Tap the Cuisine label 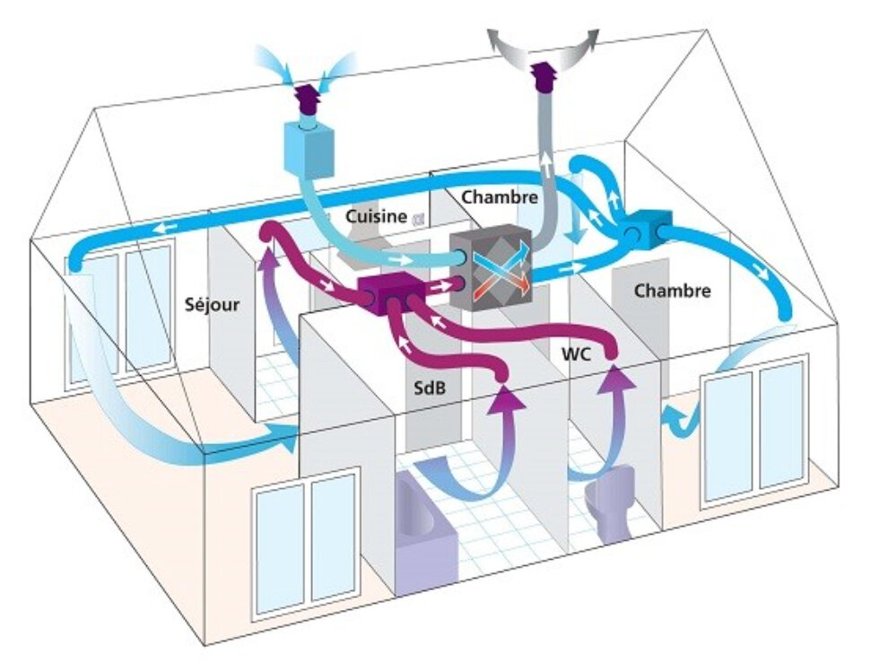tap(378, 216)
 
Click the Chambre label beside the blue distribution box tap(672, 291)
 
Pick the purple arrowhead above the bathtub tap(507, 397)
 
